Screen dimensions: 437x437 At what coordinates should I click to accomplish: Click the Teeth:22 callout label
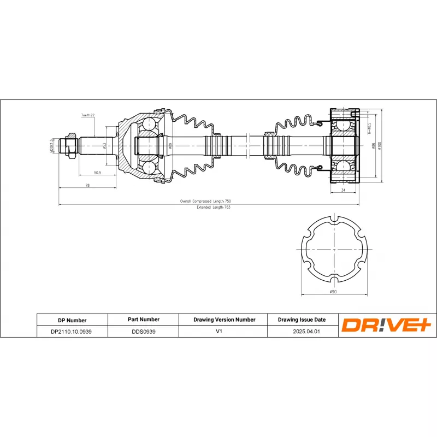[x=88, y=116]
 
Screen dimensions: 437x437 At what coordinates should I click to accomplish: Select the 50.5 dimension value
[x=97, y=173]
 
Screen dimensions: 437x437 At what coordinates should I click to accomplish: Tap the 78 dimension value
[x=87, y=186]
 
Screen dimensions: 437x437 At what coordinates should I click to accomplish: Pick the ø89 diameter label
[x=170, y=146]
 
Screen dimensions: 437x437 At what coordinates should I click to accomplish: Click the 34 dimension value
[x=343, y=190]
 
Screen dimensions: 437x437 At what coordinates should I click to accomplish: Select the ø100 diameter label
[x=380, y=145]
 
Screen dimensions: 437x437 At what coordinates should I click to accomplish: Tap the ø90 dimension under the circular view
[x=333, y=293]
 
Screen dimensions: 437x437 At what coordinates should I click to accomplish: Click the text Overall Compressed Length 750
[x=209, y=201]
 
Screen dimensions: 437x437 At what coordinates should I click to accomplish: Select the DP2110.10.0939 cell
[x=72, y=332]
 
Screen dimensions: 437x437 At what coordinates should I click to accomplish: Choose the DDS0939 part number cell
[x=143, y=332]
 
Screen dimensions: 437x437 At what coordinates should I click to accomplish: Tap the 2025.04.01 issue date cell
[x=302, y=332]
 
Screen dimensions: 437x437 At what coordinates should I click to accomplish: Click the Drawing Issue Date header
[x=302, y=320]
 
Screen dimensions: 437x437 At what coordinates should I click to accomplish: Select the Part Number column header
[x=143, y=320]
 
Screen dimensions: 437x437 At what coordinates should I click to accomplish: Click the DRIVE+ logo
[x=386, y=326]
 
